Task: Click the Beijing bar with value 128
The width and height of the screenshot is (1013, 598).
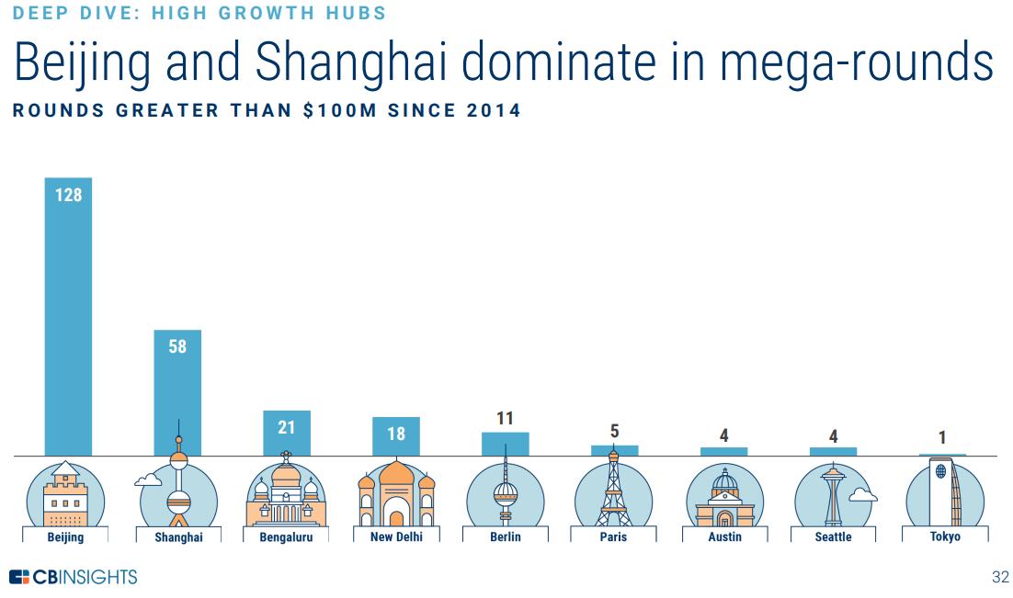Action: (68, 316)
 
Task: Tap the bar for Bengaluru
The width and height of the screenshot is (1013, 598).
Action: (287, 433)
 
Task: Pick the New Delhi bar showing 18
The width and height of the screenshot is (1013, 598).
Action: (396, 436)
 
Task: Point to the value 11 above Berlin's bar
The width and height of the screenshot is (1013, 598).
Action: (505, 419)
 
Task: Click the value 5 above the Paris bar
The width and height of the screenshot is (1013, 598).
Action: (614, 432)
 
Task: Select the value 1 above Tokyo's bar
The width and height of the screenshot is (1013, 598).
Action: (942, 439)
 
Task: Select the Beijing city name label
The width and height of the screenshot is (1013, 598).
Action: (65, 537)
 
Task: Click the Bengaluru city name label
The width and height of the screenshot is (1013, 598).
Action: (286, 537)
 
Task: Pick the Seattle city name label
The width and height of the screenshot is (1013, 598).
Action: (833, 537)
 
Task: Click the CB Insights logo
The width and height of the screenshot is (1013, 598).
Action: (73, 577)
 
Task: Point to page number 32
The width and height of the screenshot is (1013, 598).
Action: (1000, 578)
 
